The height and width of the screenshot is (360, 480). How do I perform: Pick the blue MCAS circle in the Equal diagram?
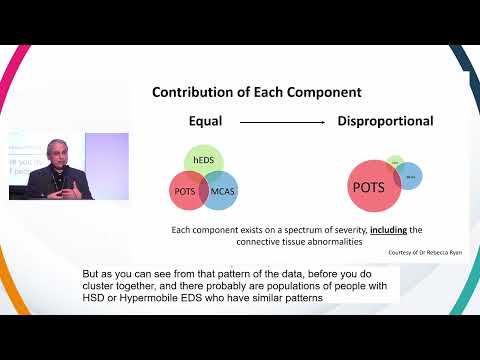(x=225, y=190)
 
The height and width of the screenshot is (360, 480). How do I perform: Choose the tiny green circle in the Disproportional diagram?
(x=393, y=159)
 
